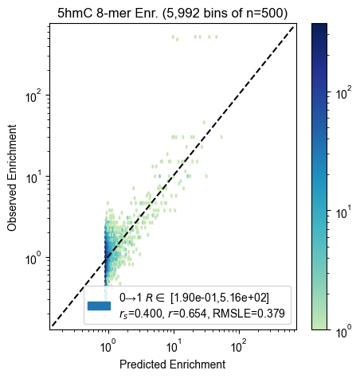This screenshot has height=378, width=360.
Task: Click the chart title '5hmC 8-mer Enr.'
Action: [x=108, y=13]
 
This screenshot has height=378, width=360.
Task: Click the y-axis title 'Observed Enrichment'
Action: [x=12, y=177]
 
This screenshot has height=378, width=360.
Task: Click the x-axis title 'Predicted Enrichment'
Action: [x=173, y=364]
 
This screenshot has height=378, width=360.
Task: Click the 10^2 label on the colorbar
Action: [x=343, y=93]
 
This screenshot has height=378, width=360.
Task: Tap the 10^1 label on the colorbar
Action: [x=343, y=212]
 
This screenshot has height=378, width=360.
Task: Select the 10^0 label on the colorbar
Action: [x=343, y=332]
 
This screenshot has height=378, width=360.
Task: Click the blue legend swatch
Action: [x=99, y=306]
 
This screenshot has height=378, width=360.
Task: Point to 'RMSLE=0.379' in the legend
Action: [x=248, y=314]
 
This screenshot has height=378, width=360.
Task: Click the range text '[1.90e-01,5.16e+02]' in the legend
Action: [x=220, y=298]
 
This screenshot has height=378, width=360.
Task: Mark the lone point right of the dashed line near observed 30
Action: [x=221, y=137]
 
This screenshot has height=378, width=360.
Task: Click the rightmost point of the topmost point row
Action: [x=217, y=37]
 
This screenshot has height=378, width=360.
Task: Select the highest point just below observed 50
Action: [x=204, y=123]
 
